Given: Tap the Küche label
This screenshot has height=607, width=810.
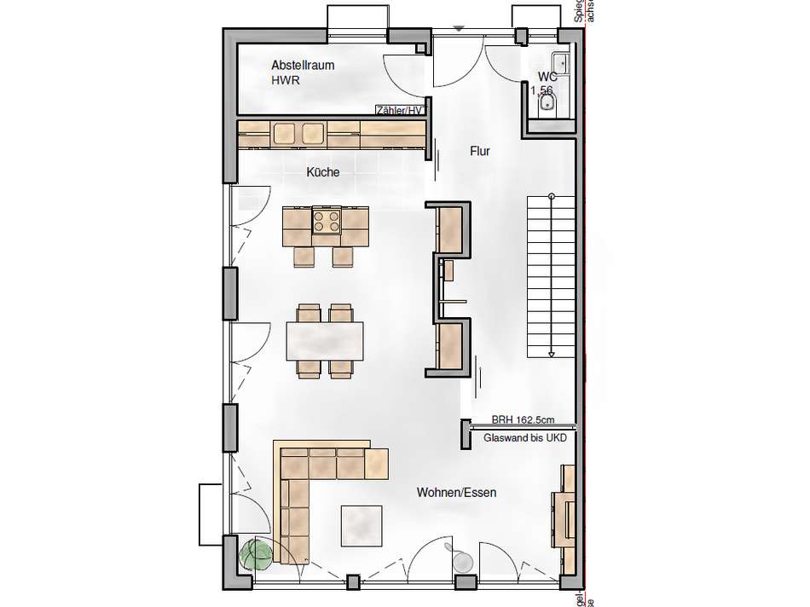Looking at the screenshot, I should point(323,172).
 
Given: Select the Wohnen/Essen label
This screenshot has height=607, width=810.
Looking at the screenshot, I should point(456,493).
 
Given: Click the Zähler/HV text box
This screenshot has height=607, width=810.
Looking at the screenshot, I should point(400,110).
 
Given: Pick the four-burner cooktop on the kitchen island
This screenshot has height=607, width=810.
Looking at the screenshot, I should point(327,222).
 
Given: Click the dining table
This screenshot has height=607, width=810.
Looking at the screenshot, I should point(325,340).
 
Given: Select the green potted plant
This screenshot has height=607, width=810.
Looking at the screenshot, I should point(257,553).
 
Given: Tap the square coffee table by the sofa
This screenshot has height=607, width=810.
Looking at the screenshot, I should point(362,526).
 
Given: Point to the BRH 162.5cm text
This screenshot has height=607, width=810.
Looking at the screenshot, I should point(523,419).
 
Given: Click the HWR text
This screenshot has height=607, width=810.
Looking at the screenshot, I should point(286,81).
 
